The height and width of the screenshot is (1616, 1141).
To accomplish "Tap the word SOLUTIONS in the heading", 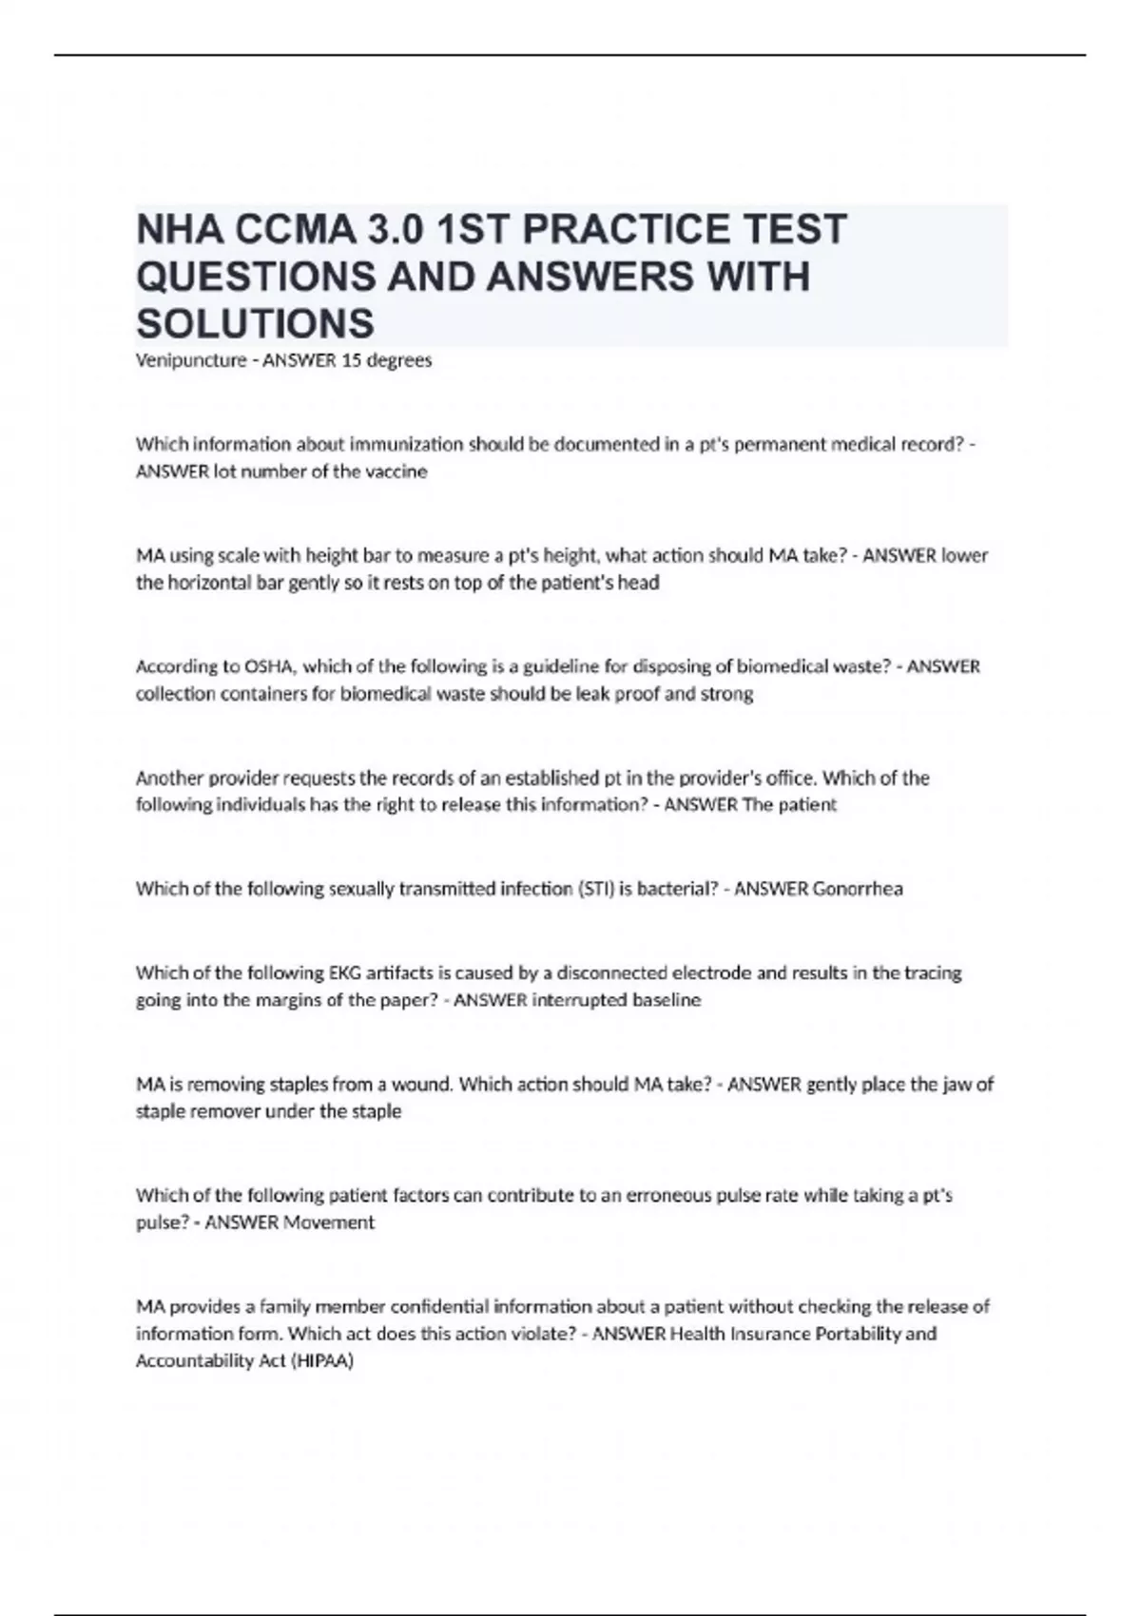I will coord(255,323).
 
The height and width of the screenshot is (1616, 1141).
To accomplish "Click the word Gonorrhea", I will coord(858,889).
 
